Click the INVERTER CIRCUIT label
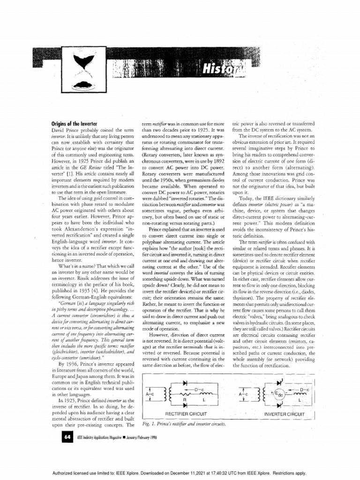285,414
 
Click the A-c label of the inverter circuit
243,395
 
